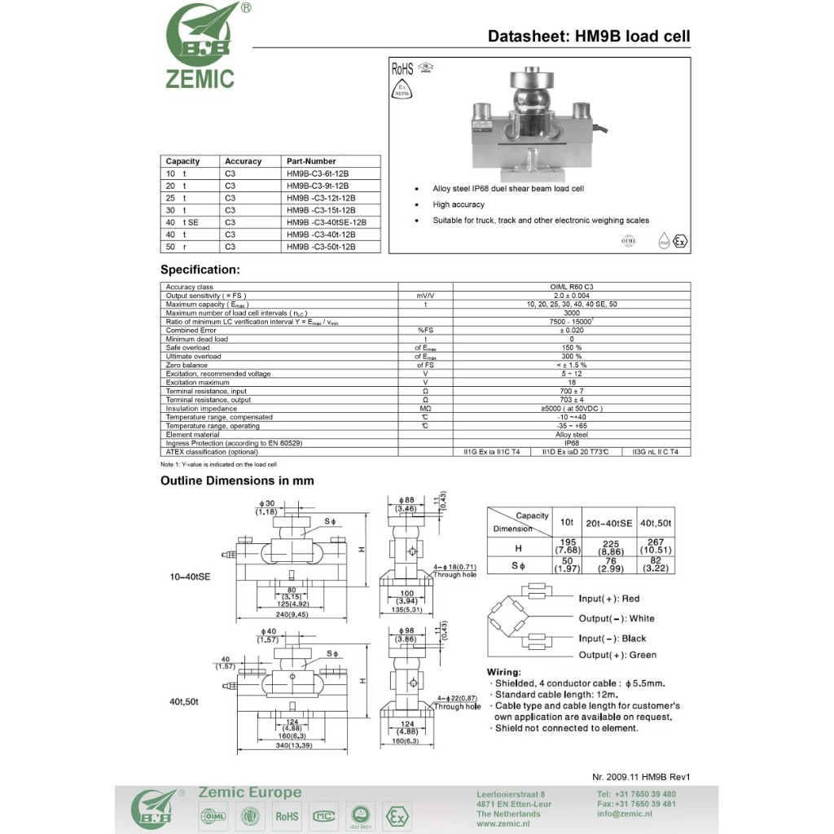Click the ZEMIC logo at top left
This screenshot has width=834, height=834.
pos(201,46)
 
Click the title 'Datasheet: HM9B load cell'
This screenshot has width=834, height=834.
pos(588,36)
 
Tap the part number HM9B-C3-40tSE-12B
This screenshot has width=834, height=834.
pos(326,222)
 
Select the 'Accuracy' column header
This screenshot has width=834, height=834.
pos(243,161)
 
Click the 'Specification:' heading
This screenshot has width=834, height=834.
pos(200,270)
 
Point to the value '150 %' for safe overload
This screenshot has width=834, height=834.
pos(571,348)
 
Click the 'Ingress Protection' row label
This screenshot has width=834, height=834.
pos(234,442)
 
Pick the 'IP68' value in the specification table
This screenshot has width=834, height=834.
pos(571,442)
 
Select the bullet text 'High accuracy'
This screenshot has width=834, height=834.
pos(459,204)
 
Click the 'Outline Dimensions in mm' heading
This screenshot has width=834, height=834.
pos(237,481)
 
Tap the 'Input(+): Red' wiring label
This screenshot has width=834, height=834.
pos(609,599)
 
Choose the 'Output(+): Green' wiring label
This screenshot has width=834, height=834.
pos(617,655)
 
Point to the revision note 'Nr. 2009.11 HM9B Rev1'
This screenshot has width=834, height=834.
pos(646,777)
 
